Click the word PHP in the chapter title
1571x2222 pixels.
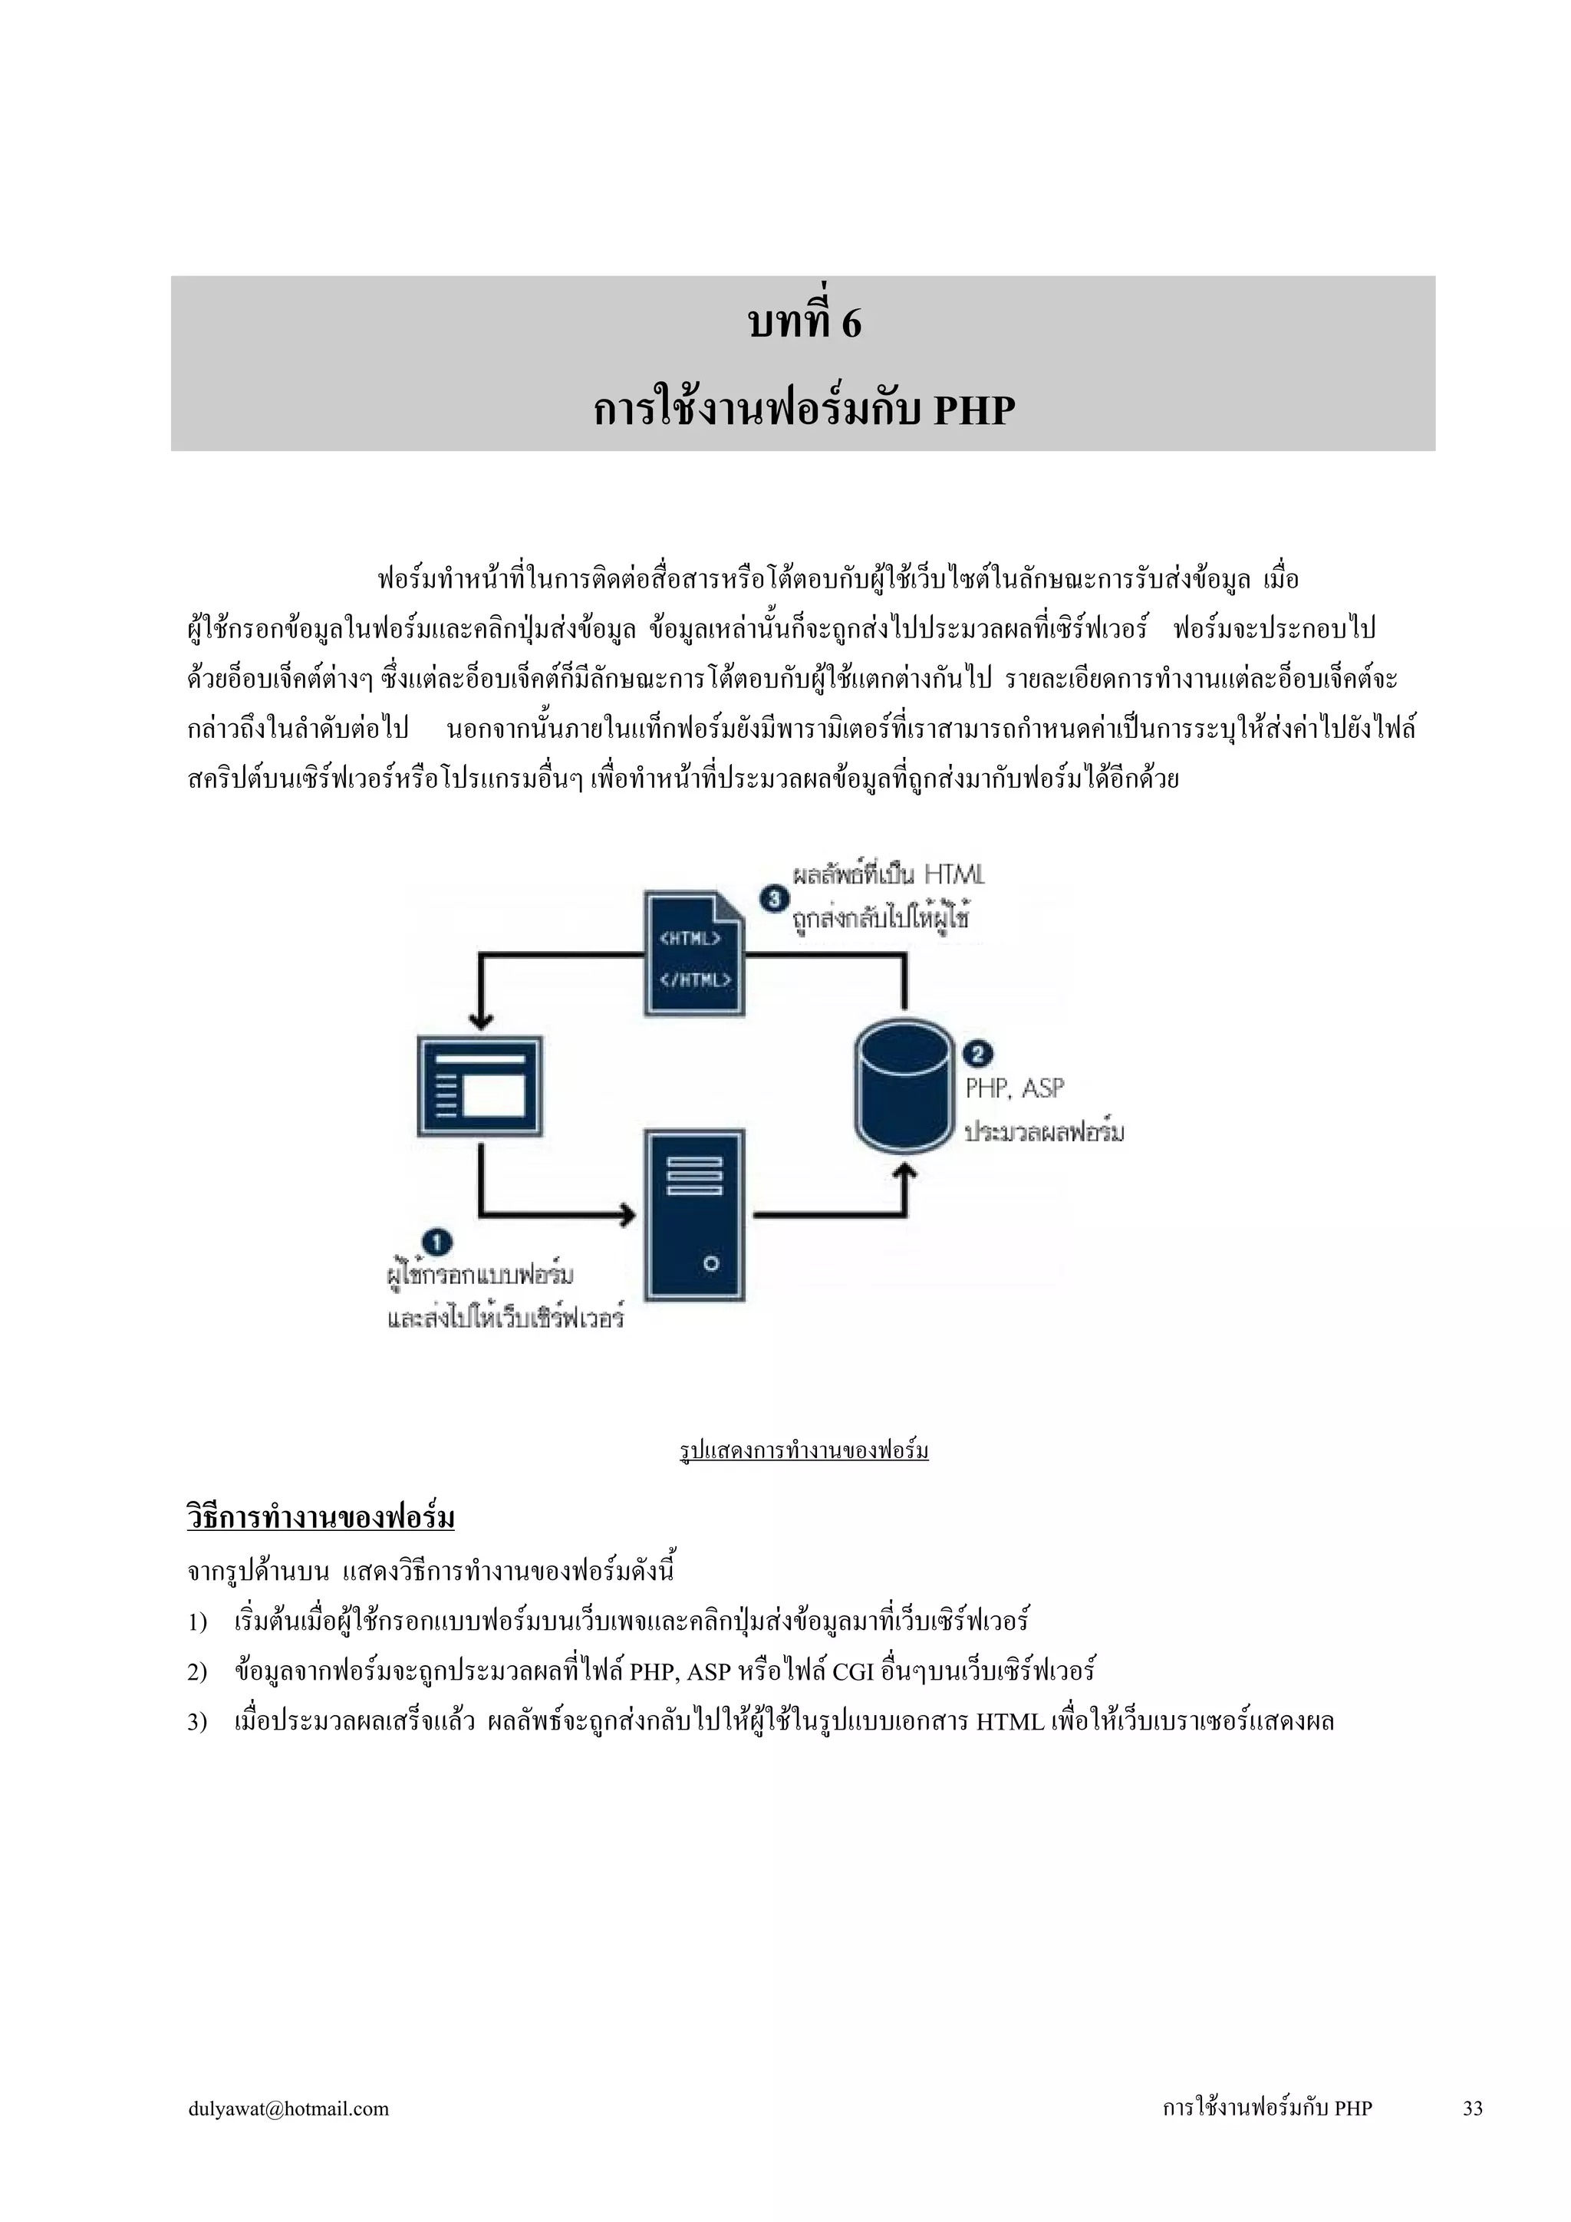[x=973, y=411]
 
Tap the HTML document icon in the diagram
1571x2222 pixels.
[x=695, y=953]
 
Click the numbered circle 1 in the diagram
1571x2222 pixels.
[x=437, y=1242]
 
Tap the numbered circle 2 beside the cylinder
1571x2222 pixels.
[x=977, y=1053]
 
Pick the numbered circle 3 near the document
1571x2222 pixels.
[x=774, y=899]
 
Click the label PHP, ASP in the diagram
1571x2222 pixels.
[x=1014, y=1088]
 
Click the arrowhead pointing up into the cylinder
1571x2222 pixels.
[x=905, y=1173]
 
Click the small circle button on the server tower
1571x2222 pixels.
[x=711, y=1263]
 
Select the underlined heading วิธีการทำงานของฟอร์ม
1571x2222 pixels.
[x=321, y=1516]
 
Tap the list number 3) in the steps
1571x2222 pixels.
[x=197, y=1723]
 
